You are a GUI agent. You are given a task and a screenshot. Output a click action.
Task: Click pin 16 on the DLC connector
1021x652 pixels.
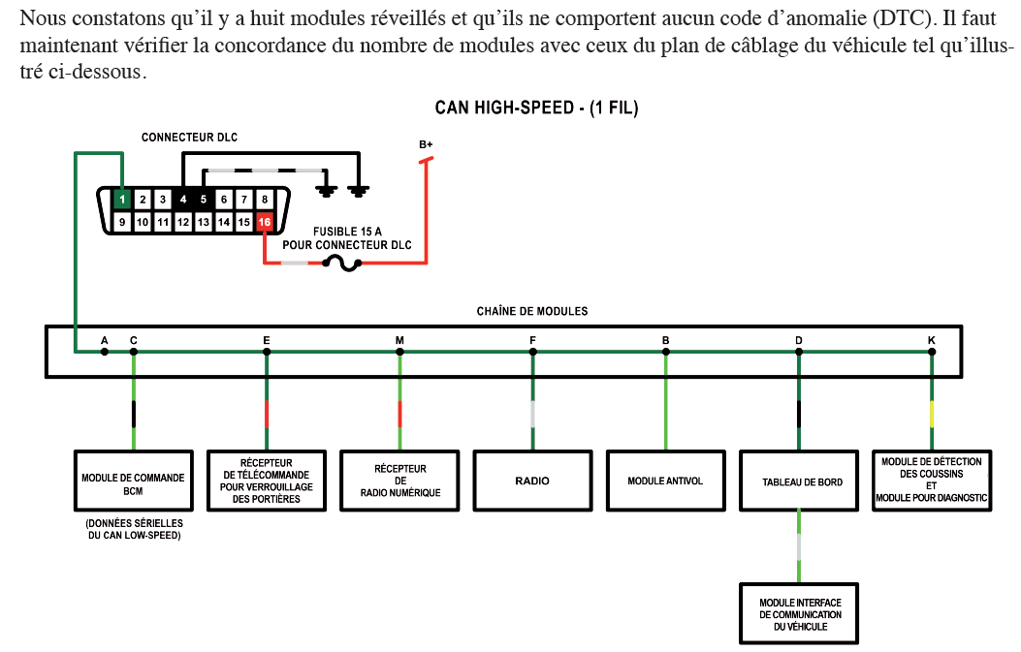(265, 222)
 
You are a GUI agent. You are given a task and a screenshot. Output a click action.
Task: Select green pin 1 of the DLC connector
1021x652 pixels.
(122, 200)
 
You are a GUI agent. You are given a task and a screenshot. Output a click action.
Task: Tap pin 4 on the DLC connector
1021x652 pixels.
(183, 200)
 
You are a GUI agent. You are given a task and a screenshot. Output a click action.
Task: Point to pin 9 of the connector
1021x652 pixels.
(122, 222)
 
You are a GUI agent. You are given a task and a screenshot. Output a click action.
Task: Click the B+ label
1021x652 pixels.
(426, 144)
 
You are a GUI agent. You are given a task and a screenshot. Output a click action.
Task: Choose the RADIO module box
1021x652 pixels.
(532, 481)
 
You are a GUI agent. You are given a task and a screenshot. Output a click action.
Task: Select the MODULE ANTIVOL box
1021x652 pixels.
(665, 481)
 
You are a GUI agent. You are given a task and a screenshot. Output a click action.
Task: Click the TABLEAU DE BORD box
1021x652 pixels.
(798, 481)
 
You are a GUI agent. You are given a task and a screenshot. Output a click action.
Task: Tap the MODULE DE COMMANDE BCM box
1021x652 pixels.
(133, 481)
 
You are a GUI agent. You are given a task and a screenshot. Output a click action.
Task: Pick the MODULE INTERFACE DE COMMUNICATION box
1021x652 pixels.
(800, 614)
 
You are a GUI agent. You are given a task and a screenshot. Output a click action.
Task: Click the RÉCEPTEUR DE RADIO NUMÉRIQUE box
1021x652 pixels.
(399, 481)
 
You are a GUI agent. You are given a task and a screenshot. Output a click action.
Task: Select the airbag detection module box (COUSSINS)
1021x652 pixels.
(931, 481)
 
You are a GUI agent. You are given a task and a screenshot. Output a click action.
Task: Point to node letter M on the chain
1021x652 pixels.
(399, 340)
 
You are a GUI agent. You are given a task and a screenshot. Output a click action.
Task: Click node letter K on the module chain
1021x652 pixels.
(932, 340)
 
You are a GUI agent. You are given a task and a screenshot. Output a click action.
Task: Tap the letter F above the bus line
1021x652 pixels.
(532, 340)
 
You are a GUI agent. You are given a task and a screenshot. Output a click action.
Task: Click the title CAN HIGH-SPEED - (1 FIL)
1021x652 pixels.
(536, 109)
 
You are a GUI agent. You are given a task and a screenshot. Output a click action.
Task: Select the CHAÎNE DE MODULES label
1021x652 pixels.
(531, 311)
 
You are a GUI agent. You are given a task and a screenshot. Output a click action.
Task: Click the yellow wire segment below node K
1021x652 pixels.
(932, 415)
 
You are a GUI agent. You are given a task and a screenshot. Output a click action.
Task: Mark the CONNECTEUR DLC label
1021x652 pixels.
(189, 138)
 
